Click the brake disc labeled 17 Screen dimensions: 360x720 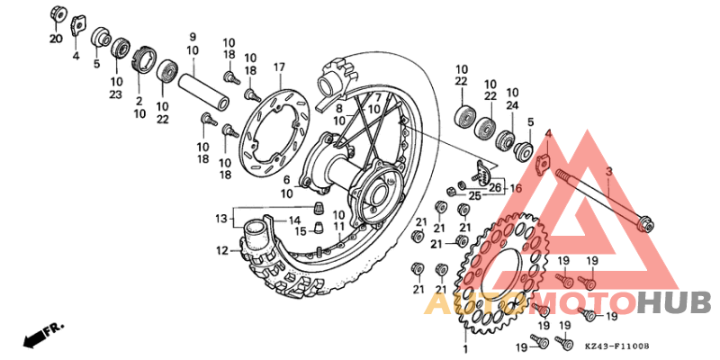click(x=270, y=126)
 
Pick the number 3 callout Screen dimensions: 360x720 click(x=608, y=170)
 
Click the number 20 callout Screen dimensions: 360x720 click(x=56, y=39)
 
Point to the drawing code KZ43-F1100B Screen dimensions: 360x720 click(x=616, y=346)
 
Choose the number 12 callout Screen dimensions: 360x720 click(x=221, y=251)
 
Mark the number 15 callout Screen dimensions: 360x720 click(x=301, y=230)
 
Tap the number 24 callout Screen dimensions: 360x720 click(x=512, y=104)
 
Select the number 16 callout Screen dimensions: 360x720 click(x=515, y=189)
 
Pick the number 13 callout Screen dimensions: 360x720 click(x=221, y=219)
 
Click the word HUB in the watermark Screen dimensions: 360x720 click(x=674, y=303)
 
